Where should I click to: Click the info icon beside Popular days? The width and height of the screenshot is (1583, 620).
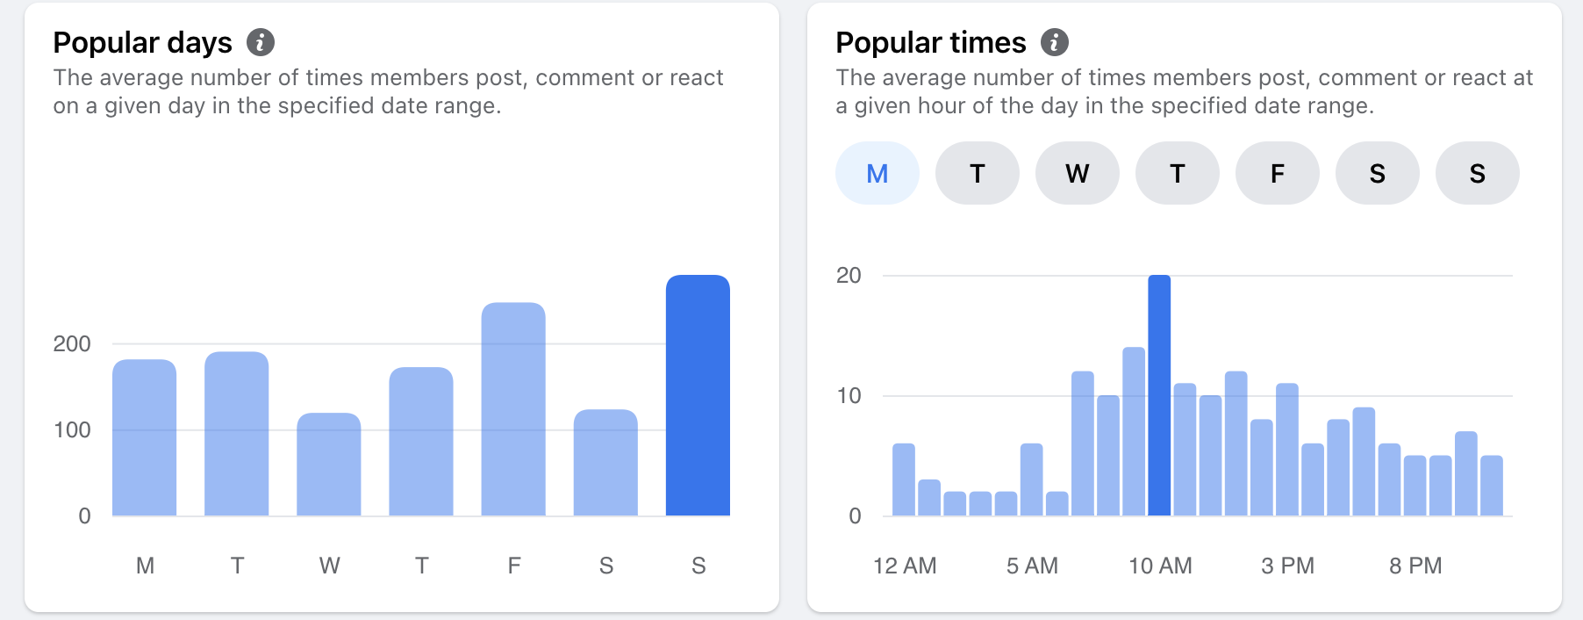pos(261,42)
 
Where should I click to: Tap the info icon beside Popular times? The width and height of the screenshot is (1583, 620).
pos(1055,42)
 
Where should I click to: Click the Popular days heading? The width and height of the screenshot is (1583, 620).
pos(142,42)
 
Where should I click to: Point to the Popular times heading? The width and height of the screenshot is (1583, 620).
pos(930,42)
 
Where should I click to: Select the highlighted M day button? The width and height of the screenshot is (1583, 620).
pos(877,173)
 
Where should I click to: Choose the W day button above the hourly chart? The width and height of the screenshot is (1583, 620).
pos(1078,173)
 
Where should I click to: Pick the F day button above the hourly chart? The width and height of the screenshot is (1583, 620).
pos(1278,173)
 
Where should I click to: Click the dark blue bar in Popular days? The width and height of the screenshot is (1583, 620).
pos(698,395)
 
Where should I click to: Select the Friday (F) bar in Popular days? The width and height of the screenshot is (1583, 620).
pos(513,409)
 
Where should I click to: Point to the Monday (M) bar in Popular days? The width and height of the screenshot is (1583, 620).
pos(145,437)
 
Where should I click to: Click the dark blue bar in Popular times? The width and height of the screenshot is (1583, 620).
pos(1159,395)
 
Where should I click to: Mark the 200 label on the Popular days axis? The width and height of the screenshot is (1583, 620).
pos(72,343)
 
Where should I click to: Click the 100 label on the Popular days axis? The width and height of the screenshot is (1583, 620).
pos(72,429)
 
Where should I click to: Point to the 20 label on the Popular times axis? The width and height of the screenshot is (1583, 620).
pos(849,275)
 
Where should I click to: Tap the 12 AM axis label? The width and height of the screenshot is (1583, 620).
pos(905,566)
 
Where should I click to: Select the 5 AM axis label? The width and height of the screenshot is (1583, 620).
pos(1032,566)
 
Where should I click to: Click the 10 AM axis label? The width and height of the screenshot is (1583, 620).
pos(1160,566)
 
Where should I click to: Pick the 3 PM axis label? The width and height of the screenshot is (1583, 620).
pos(1287,566)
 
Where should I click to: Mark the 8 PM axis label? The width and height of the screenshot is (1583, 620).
pos(1415,566)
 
